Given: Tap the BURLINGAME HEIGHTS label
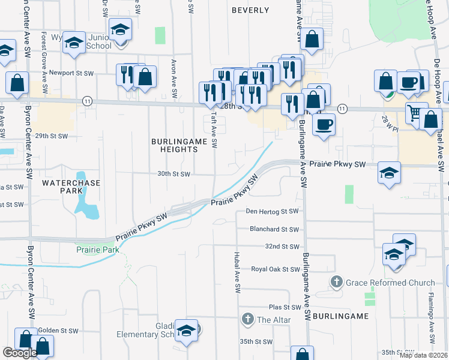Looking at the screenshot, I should [179, 145].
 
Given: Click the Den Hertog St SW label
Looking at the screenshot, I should [273, 211].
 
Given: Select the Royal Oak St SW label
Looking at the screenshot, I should [275, 269].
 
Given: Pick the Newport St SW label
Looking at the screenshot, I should [72, 73].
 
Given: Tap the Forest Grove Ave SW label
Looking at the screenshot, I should [44, 53].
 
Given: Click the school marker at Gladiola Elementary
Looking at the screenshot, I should [187, 331].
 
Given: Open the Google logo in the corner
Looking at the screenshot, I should [20, 353].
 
